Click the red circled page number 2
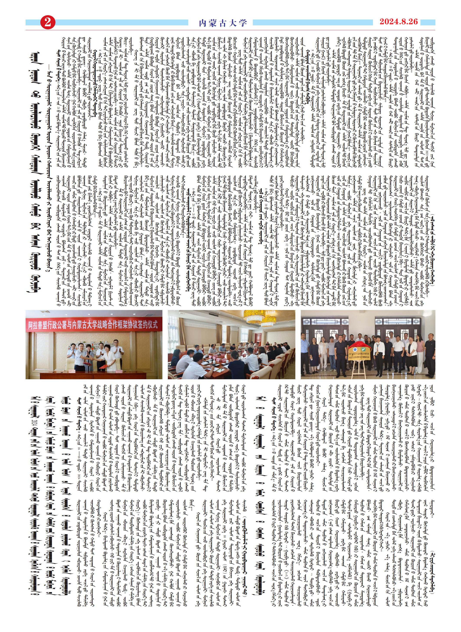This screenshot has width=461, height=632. (48, 22)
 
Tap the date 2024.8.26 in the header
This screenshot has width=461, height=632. (399, 22)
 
